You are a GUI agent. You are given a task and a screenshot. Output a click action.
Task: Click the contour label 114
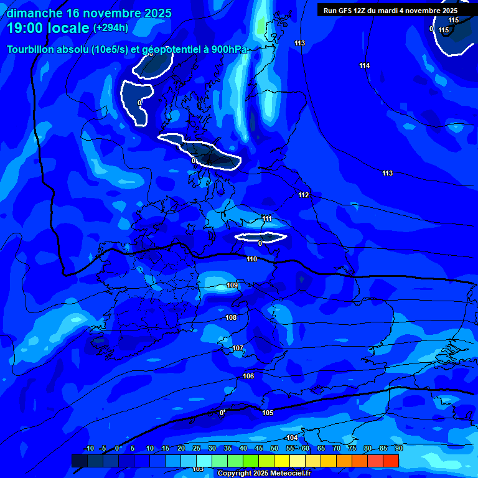coord(364,66)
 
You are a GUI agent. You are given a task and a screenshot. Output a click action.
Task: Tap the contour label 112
coord(303,195)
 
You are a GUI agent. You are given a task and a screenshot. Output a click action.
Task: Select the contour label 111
coord(266,219)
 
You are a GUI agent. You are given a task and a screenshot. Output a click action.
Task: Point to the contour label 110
coord(251,260)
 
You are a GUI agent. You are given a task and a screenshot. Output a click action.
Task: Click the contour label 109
coord(232,286)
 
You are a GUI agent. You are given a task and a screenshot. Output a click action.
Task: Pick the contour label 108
coord(231,318)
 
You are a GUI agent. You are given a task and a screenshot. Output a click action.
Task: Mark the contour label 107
coord(237,349)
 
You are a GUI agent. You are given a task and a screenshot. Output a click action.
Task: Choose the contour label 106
coord(248,377)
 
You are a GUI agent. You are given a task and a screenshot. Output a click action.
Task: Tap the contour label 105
coord(268,413)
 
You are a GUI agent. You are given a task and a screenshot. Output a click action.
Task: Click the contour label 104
coord(292,438)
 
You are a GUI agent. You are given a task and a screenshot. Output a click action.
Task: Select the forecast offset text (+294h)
coord(111,28)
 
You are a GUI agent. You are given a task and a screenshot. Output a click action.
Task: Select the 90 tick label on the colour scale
coord(398,449)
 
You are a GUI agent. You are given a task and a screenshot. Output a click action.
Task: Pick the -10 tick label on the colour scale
coord(89,449)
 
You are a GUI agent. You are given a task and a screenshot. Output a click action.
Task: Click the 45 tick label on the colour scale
coord(259,449)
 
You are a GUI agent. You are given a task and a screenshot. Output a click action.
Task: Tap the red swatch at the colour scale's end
coord(390,461)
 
